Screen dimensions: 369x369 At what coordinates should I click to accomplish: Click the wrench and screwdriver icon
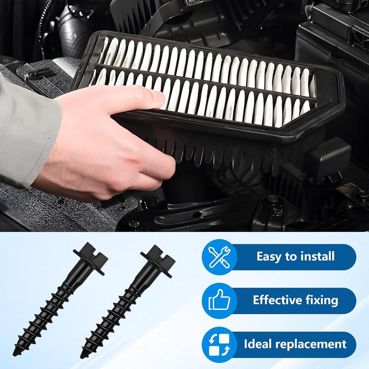(219, 257)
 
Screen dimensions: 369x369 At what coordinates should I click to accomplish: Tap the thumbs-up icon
(219, 301)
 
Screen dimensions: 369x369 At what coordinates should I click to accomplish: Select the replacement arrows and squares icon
(219, 344)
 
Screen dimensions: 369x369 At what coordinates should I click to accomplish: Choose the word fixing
(321, 300)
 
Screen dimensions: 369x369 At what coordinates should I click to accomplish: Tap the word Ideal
(255, 344)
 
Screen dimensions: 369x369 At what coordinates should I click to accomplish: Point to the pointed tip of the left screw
(15, 353)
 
